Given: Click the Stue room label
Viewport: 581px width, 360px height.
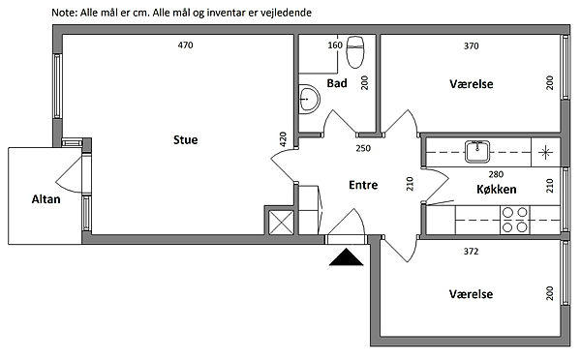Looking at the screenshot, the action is [185, 139].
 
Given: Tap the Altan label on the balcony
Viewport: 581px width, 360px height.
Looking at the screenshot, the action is [46, 199].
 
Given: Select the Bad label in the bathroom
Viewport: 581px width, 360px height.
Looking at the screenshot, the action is [337, 83].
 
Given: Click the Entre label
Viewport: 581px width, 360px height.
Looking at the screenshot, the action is [363, 185].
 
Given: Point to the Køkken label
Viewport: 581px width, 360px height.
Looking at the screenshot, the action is [496, 190].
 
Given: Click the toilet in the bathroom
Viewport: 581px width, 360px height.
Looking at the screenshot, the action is [355, 52].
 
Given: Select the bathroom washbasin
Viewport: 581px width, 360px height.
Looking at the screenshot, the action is [309, 99].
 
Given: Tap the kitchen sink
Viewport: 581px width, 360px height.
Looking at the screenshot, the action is [477, 152].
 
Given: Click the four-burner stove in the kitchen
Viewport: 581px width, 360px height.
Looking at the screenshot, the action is [515, 220].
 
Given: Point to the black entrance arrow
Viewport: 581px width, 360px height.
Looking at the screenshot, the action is [346, 257].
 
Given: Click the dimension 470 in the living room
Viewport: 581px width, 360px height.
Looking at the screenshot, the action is [185, 45].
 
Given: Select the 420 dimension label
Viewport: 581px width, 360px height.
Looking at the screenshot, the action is [283, 139].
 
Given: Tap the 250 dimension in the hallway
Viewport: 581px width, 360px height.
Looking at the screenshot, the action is [363, 148].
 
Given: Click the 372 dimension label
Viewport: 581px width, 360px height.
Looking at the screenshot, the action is [471, 252].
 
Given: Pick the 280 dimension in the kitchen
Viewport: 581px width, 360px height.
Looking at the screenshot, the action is [496, 174].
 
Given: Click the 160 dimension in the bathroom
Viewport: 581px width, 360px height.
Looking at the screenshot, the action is [335, 45].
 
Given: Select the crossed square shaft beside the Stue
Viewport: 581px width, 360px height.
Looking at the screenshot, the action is [281, 223].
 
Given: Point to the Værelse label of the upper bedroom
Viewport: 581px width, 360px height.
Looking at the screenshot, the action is [472, 84].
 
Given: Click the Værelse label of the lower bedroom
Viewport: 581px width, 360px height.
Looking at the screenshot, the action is [471, 294].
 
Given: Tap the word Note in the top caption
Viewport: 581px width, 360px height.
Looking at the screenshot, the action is [64, 13].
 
